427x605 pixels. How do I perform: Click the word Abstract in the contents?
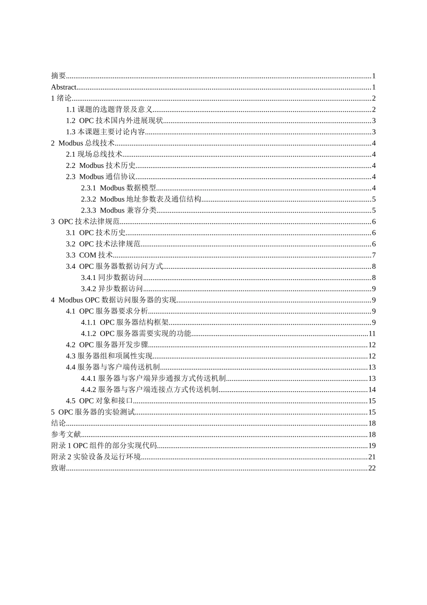pos(64,87)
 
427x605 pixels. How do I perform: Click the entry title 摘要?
pos(58,76)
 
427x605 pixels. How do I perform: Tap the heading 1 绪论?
pos(61,99)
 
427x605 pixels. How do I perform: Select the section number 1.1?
pos(71,109)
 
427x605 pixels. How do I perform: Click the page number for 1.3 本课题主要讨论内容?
pos(374,132)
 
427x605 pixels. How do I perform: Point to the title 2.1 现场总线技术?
pos(94,154)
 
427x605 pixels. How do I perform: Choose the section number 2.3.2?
pos(89,199)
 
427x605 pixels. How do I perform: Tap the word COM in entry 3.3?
pos(88,255)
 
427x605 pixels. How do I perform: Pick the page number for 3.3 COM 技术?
pos(374,255)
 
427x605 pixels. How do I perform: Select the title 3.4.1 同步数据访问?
pos(112,278)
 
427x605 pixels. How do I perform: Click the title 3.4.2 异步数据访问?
pos(112,289)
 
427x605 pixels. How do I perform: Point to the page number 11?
pos(372,334)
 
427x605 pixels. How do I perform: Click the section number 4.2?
pos(71,345)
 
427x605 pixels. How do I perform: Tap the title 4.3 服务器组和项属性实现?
pos(109,356)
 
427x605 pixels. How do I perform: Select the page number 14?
pos(372,390)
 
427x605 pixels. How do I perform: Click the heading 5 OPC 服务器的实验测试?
pos(93,412)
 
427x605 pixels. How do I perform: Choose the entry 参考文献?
pos(66,434)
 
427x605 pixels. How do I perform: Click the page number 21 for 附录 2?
pos(372,457)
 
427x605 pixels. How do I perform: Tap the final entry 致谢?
pos(58,468)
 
